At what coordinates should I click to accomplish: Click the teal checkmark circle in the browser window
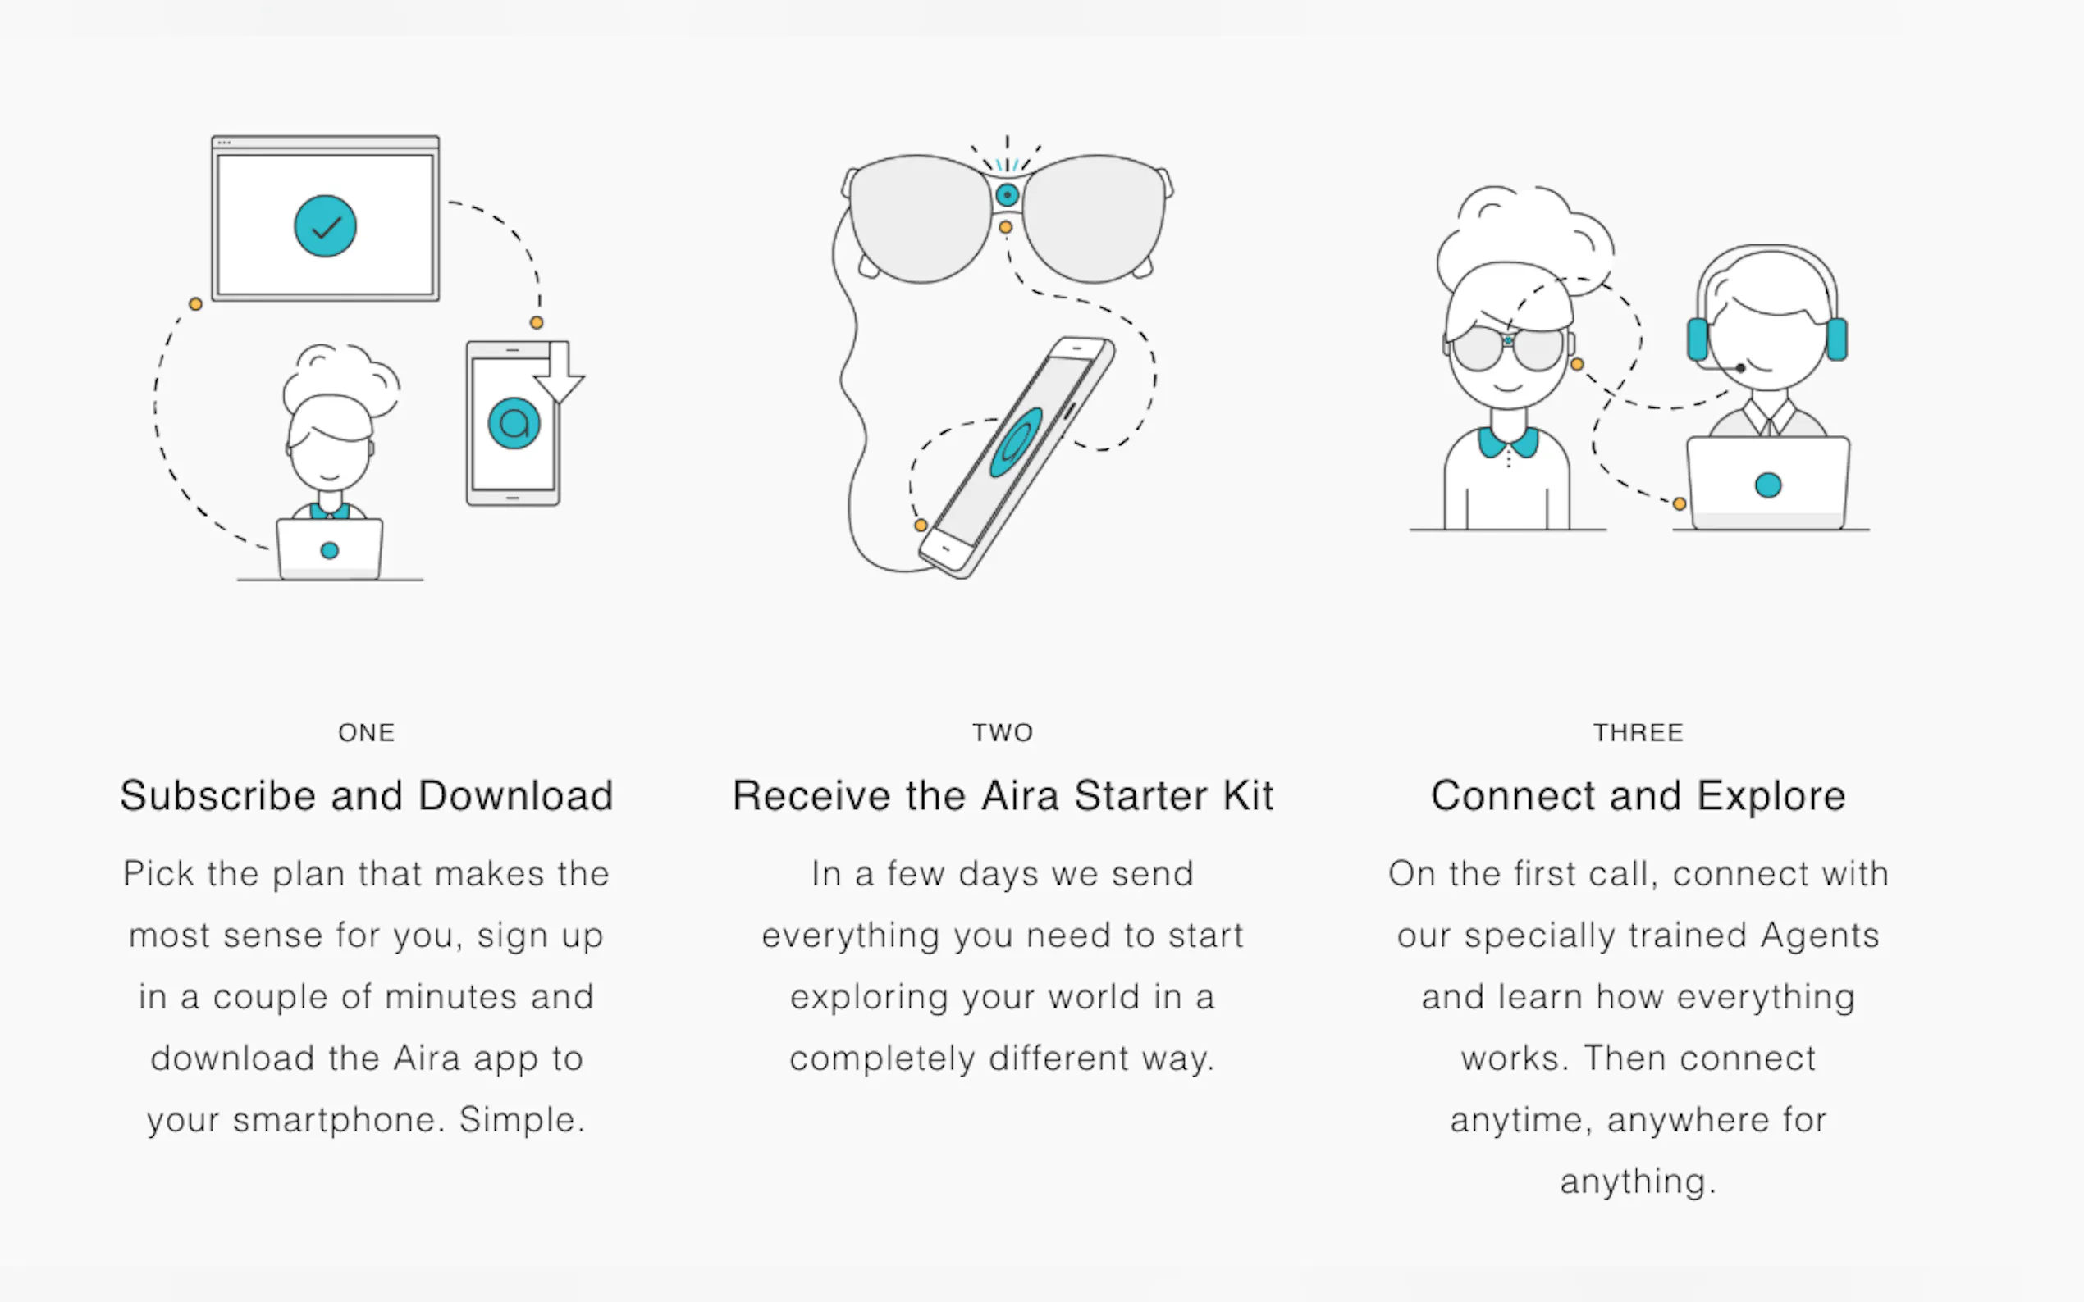pyautogui.click(x=325, y=226)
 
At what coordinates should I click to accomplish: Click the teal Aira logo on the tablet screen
pyautogui.click(x=514, y=423)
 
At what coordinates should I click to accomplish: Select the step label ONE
pyautogui.click(x=366, y=733)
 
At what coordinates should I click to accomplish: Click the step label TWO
pyautogui.click(x=1003, y=733)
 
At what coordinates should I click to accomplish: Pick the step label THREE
pyautogui.click(x=1638, y=733)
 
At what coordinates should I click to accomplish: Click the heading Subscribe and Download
pyautogui.click(x=366, y=795)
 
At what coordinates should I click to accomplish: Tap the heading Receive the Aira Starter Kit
pyautogui.click(x=1003, y=795)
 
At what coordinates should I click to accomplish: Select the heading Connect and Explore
pyautogui.click(x=1638, y=795)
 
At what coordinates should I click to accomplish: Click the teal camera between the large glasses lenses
pyautogui.click(x=1006, y=195)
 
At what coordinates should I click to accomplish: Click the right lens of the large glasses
pyautogui.click(x=1095, y=219)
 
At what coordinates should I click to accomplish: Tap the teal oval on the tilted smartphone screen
pyautogui.click(x=1016, y=442)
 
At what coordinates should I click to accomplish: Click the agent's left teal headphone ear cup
pyautogui.click(x=1698, y=339)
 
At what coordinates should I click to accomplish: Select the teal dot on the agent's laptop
pyautogui.click(x=1768, y=485)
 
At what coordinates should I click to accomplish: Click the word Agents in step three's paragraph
pyautogui.click(x=1820, y=936)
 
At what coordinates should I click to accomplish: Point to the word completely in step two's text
pyautogui.click(x=882, y=1059)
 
